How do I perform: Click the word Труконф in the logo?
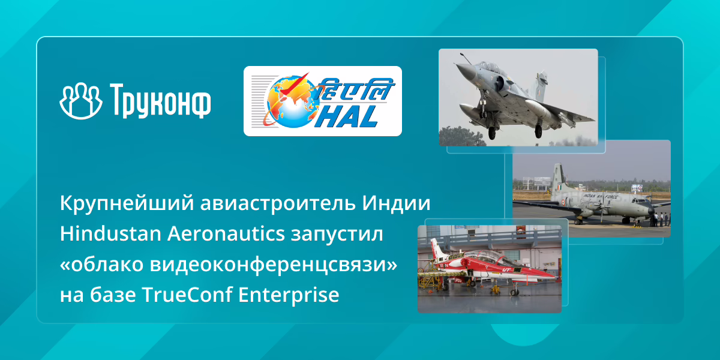point(160,101)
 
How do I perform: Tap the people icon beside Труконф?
point(81,101)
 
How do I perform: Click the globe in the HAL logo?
point(292,101)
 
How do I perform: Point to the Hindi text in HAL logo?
point(355,89)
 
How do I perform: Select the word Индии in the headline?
point(396,203)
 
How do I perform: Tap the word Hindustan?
point(110,233)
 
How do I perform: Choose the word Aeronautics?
point(226,233)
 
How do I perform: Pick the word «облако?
point(101,264)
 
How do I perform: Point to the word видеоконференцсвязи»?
point(274,265)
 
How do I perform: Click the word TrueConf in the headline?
point(187,294)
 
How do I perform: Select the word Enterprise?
point(289,295)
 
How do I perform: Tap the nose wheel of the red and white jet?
point(515,292)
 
